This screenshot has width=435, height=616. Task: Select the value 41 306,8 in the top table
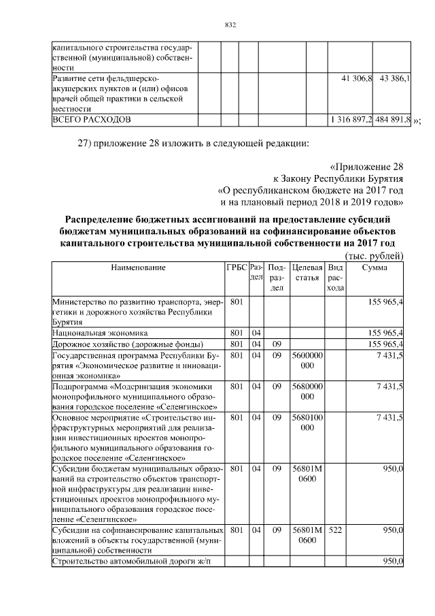coord(356,80)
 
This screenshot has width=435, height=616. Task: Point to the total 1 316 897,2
coord(350,119)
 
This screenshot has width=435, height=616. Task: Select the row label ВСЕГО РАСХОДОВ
coord(92,119)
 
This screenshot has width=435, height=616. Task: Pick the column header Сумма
coord(375,268)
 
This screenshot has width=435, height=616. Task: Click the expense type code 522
coord(334,529)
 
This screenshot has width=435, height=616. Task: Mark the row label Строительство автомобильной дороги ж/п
coord(128,562)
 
